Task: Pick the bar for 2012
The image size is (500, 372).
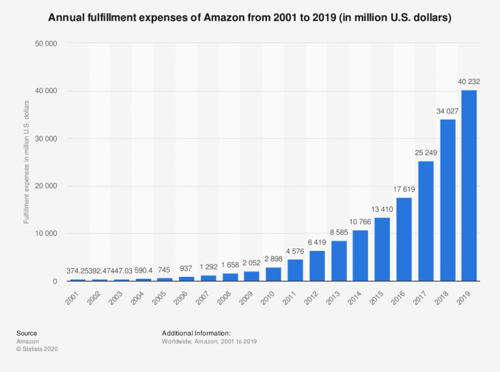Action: click(x=317, y=266)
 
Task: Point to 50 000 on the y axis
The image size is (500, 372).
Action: click(x=48, y=44)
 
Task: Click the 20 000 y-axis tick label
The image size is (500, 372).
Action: click(x=48, y=186)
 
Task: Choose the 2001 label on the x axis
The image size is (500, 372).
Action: click(x=74, y=296)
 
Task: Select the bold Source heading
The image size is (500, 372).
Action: click(x=27, y=333)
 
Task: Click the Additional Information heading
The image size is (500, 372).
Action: click(x=197, y=333)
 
